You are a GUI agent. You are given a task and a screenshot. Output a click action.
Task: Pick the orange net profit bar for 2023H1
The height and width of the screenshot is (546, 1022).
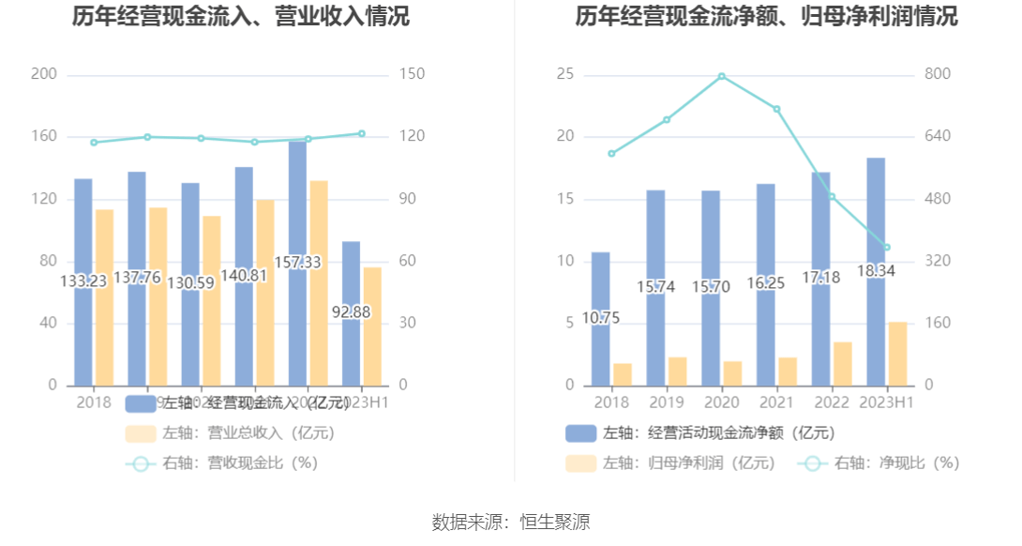(x=898, y=354)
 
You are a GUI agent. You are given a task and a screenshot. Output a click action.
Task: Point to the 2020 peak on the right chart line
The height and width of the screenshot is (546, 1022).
(x=722, y=76)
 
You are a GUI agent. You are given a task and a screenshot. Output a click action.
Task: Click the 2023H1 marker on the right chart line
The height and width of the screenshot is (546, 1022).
(x=886, y=248)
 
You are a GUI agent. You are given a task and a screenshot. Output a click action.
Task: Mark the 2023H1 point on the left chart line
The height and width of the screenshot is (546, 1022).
(x=362, y=133)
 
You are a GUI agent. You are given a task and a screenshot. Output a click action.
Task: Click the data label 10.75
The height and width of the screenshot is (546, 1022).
(x=601, y=318)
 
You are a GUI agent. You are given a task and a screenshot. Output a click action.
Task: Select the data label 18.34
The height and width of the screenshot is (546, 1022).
(x=876, y=271)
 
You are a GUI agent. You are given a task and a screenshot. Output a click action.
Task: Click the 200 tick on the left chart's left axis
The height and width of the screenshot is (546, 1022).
(x=44, y=75)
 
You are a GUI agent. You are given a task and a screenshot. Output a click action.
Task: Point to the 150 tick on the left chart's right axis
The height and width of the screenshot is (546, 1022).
(x=412, y=75)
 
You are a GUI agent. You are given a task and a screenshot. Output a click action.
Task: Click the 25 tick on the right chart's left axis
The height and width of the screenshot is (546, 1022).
(x=564, y=75)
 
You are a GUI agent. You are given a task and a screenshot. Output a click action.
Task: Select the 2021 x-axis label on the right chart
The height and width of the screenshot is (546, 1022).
(x=775, y=402)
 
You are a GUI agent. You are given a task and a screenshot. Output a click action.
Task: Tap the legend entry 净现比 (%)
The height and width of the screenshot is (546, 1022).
(x=896, y=463)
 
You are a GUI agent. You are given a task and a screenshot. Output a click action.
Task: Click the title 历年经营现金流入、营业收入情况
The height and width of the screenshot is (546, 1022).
(x=241, y=17)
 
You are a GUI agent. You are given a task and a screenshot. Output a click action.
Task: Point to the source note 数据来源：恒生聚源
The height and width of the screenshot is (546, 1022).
(x=511, y=522)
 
